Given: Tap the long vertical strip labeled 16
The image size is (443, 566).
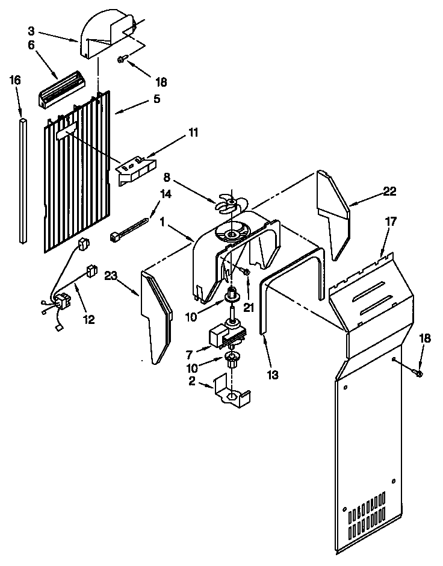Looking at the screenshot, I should pos(23,181).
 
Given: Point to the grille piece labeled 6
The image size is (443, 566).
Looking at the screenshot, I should pos(61,87).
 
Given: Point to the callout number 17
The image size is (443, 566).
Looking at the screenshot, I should pos(391,222).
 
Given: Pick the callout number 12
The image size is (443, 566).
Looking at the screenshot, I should pos(88,320).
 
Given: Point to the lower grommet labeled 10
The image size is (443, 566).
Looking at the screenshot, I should pos(232,361).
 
